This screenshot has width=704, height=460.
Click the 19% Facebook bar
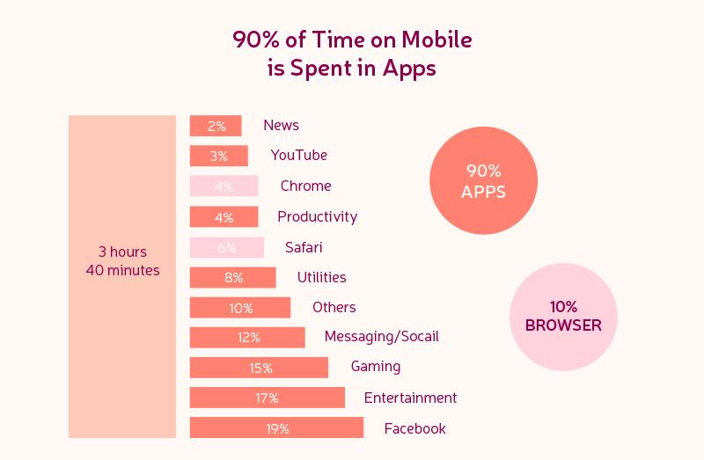276,427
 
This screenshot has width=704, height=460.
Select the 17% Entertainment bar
268,398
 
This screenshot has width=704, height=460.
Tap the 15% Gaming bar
259,368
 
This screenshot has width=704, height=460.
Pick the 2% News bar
216,126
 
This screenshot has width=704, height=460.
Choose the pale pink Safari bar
227,247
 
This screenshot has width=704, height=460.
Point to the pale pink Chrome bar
224,186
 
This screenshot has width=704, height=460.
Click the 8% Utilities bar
232,277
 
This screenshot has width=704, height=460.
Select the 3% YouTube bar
218,156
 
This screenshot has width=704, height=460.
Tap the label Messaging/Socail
382,337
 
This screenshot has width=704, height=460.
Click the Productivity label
318,216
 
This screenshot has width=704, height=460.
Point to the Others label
334,308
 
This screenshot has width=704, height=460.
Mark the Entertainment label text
410,398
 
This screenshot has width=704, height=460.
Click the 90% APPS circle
483,180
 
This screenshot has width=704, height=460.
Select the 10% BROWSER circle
563,317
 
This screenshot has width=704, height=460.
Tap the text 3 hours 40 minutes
122,260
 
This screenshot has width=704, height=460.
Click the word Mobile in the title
436,40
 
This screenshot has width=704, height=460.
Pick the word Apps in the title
409,69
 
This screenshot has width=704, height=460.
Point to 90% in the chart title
256,40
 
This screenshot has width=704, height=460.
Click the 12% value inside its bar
249,338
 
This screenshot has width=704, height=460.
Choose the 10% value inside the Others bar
241,309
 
